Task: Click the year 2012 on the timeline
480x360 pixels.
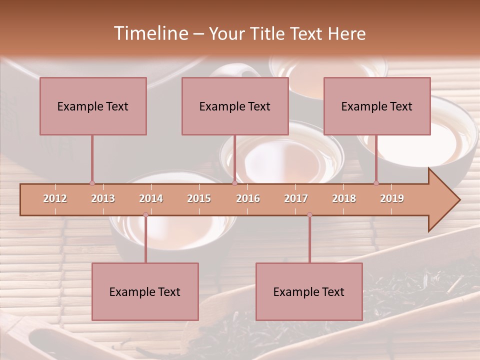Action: pyautogui.click(x=55, y=198)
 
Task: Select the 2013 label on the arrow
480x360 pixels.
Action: pyautogui.click(x=103, y=198)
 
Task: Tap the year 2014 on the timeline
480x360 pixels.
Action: pyautogui.click(x=151, y=198)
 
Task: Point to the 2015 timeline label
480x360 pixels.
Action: pyautogui.click(x=199, y=198)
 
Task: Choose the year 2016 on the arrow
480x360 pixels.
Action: pyautogui.click(x=248, y=198)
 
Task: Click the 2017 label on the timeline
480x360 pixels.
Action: pyautogui.click(x=296, y=198)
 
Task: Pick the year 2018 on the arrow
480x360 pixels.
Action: pyautogui.click(x=344, y=198)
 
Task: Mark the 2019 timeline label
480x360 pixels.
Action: pyautogui.click(x=392, y=198)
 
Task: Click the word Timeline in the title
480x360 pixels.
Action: pyautogui.click(x=150, y=33)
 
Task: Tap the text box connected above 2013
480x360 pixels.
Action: pyautogui.click(x=93, y=106)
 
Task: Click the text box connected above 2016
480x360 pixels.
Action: pyautogui.click(x=235, y=106)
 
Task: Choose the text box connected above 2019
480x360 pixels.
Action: pyautogui.click(x=377, y=106)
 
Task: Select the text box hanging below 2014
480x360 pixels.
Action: pyautogui.click(x=145, y=291)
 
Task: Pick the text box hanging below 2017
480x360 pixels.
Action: pyautogui.click(x=309, y=291)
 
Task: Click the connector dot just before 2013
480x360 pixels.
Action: pyautogui.click(x=92, y=183)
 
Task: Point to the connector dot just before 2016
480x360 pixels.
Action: pyautogui.click(x=234, y=183)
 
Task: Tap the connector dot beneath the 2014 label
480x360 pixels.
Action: pyautogui.click(x=145, y=215)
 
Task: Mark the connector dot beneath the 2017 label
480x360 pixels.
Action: pyautogui.click(x=309, y=215)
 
